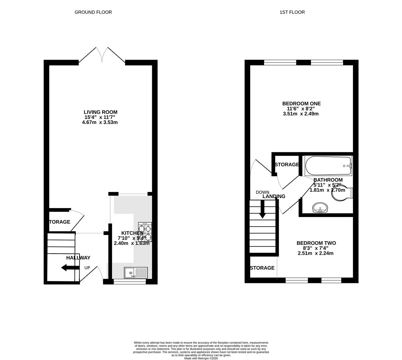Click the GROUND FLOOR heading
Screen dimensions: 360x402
coord(93,12)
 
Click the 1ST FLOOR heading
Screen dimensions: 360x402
coord(292,12)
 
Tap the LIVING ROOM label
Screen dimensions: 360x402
coord(100,112)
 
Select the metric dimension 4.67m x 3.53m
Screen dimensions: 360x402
coord(100,122)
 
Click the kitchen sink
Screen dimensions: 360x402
coord(136,273)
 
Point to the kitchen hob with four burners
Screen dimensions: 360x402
coord(145,232)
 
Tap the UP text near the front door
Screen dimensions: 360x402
coord(87,268)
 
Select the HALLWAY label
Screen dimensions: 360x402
coord(78,258)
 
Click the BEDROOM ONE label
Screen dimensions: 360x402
coord(301,104)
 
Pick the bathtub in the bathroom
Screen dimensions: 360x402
coord(328,166)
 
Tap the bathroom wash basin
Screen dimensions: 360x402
coord(320,208)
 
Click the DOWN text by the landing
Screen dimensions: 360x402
coord(262,192)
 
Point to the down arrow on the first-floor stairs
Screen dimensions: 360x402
coord(262,210)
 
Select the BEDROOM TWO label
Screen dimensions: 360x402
coord(316,243)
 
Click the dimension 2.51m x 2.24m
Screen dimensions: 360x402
coord(315,253)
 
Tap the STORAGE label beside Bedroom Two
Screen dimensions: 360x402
coord(262,268)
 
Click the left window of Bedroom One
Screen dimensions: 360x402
coord(280,62)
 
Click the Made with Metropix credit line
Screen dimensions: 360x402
coord(201,358)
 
